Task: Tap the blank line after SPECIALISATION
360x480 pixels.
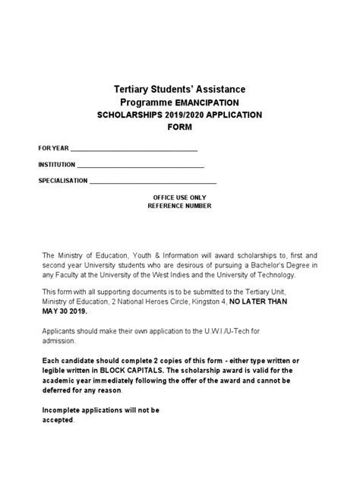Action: [x=153, y=182]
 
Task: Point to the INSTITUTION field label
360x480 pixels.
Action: [x=57, y=164]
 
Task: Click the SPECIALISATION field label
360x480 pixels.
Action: [x=63, y=181]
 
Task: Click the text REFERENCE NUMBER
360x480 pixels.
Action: [x=180, y=206]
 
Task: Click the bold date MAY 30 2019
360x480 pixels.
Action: [x=65, y=311]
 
